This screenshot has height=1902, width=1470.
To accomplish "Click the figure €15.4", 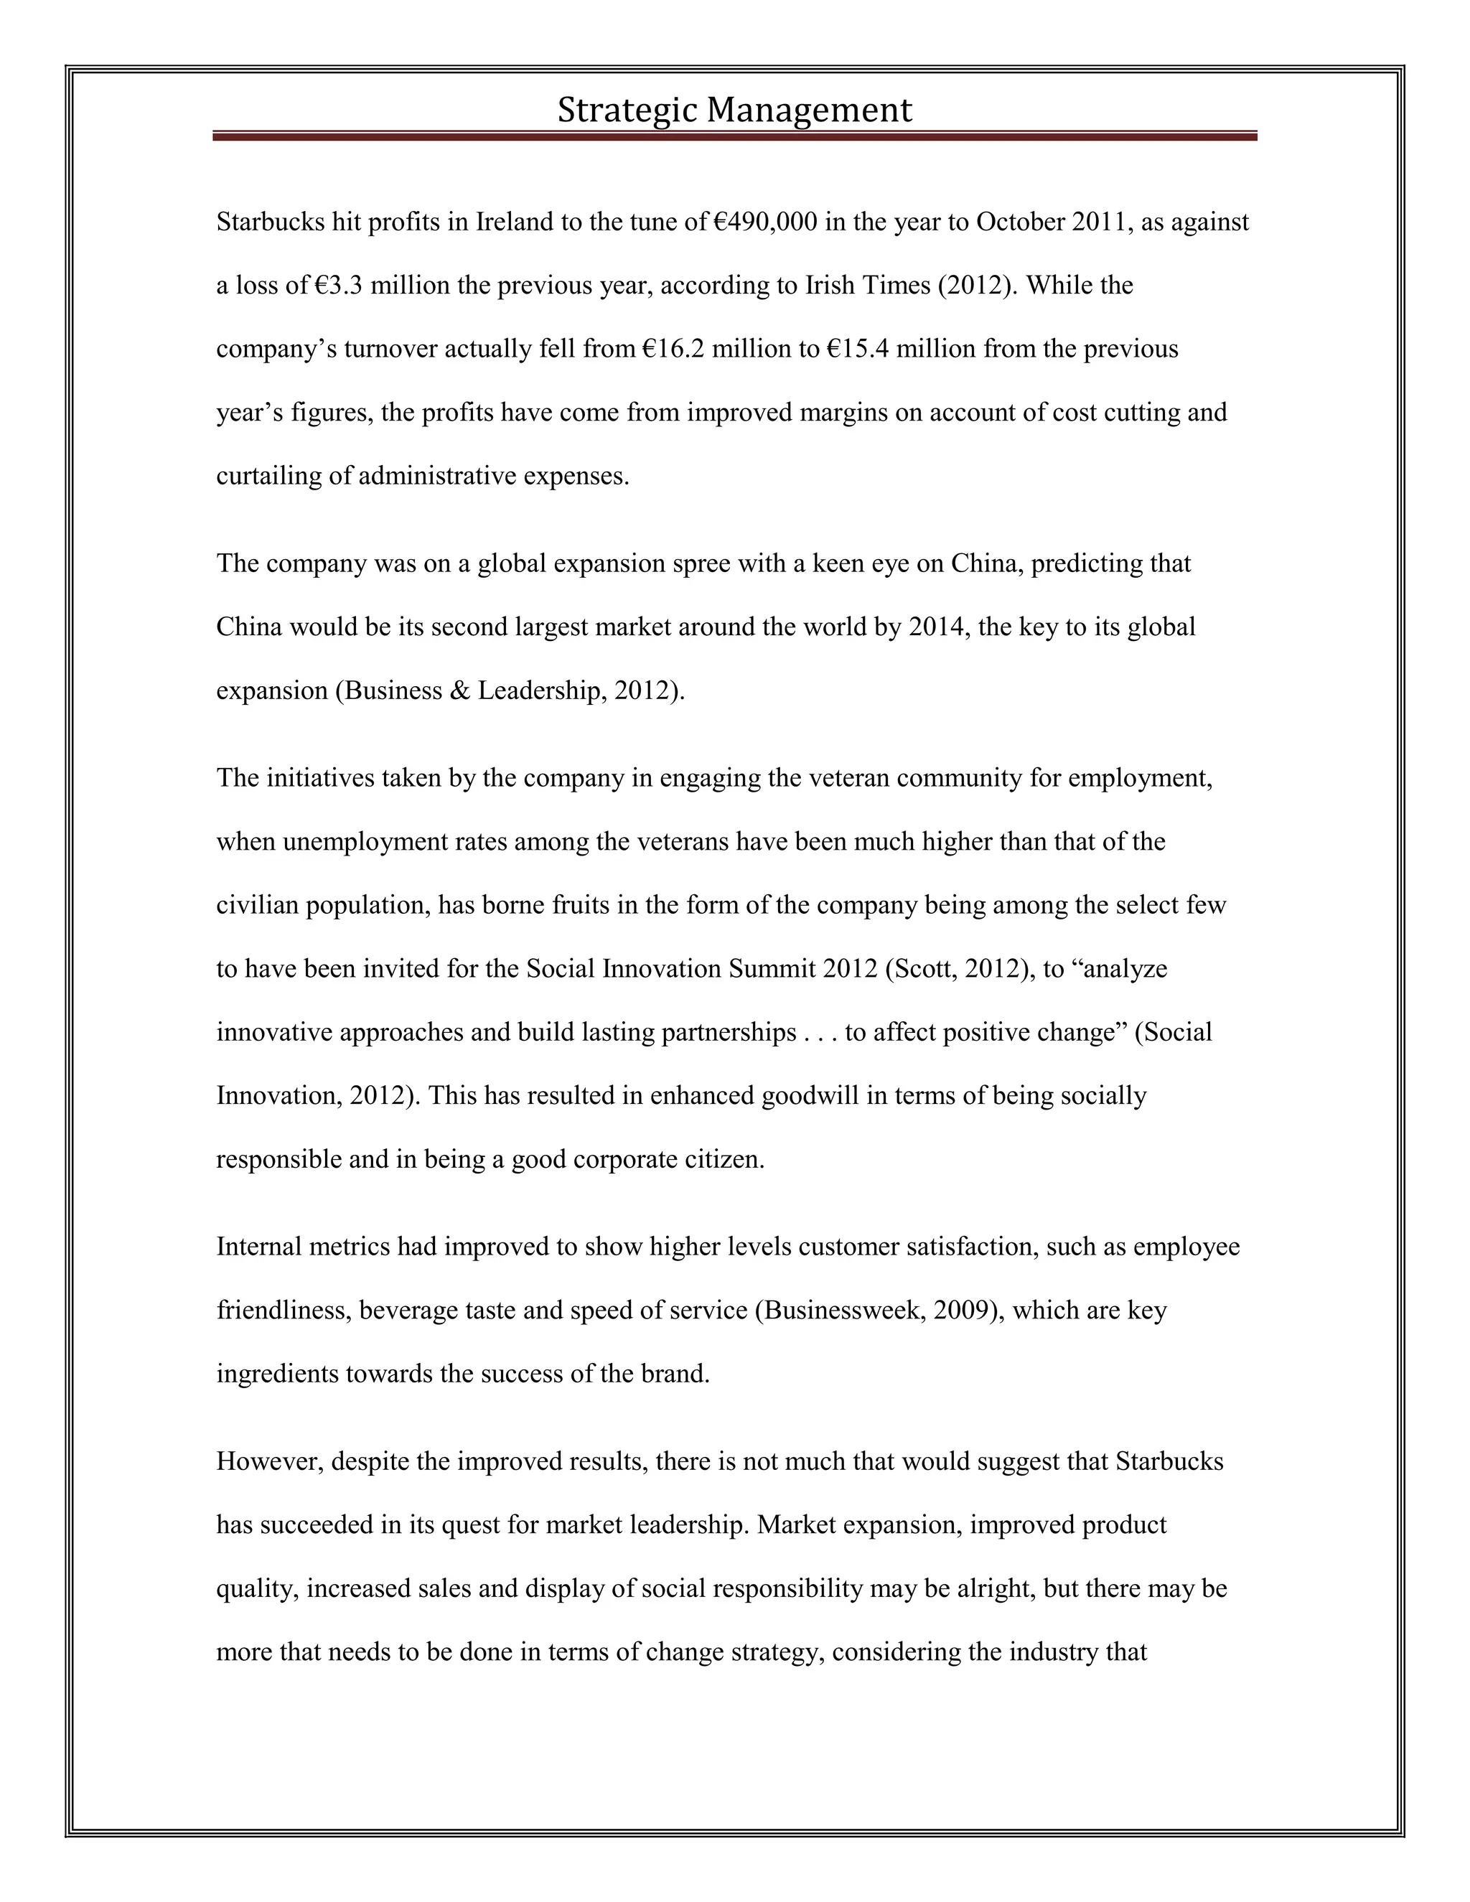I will [x=857, y=350].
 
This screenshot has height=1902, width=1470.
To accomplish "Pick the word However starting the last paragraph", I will [x=268, y=1461].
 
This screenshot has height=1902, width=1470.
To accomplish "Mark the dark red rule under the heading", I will [x=734, y=136].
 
